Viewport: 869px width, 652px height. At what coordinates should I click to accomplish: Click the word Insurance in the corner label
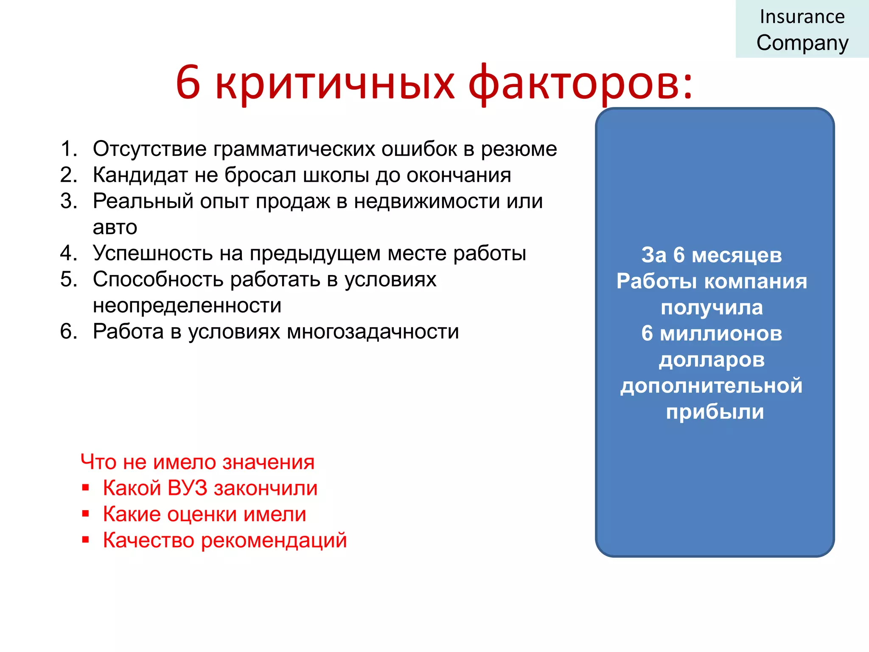point(802,17)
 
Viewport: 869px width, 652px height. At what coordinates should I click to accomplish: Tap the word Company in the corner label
point(802,43)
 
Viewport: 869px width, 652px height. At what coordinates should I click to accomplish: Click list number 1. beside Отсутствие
point(69,149)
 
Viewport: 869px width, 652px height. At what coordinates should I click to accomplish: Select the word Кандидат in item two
point(140,175)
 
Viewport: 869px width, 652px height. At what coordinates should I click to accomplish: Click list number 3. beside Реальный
point(69,201)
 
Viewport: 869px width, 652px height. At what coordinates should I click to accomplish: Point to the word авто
point(115,228)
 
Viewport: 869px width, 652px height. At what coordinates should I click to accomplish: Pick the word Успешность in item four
point(153,253)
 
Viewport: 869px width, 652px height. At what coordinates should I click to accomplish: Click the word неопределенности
point(187,306)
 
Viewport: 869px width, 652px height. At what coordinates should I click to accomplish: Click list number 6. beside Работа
point(69,332)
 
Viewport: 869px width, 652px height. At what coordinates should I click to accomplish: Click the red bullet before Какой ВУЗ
point(86,488)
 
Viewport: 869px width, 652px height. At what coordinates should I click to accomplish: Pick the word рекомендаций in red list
point(274,541)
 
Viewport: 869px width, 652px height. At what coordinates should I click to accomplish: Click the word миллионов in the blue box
point(721,334)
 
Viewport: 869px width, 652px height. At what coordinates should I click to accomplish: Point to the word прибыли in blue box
point(715,412)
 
